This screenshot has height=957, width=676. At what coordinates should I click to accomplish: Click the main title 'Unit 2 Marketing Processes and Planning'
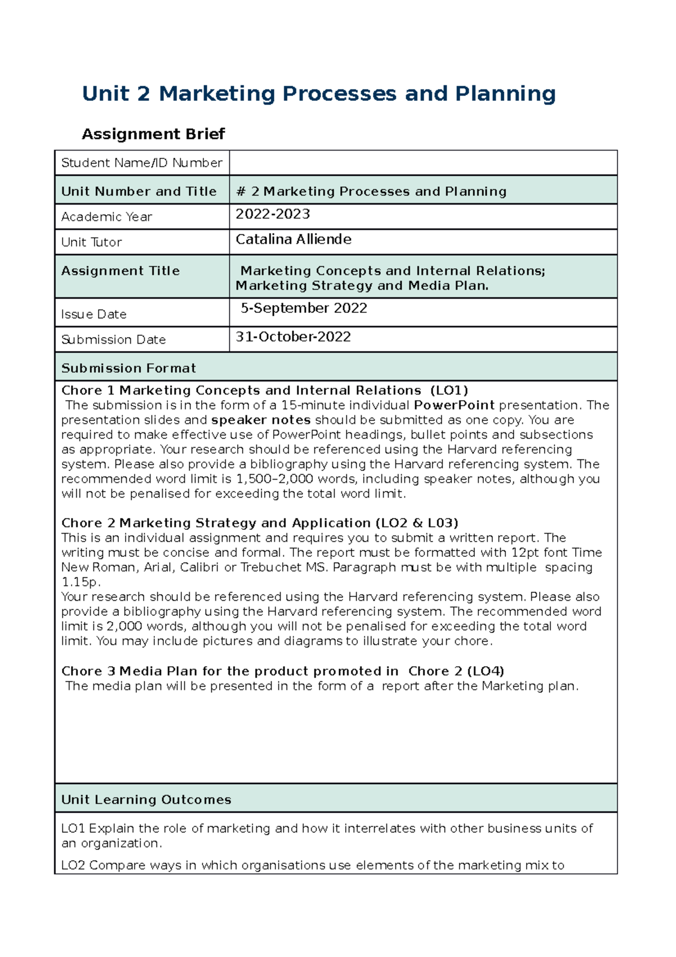point(318,94)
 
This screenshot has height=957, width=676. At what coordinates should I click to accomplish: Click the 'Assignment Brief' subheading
point(153,134)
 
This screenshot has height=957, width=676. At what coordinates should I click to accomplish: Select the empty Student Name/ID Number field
point(422,163)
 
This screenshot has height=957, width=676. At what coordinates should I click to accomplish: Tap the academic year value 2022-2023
point(273,214)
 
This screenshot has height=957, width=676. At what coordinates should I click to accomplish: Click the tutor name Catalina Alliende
point(293,240)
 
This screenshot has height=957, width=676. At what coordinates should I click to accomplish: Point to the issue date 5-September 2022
point(304,308)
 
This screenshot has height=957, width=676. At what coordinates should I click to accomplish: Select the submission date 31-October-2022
point(293,337)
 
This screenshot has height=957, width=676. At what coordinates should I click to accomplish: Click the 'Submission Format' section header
point(128,368)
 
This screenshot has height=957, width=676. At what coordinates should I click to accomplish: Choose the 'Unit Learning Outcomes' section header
point(146,800)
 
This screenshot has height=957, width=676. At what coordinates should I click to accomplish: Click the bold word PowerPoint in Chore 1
point(454,405)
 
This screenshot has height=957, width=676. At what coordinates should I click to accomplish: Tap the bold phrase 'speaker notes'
point(261,420)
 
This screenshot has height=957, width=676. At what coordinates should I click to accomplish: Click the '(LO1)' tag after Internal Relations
point(449,391)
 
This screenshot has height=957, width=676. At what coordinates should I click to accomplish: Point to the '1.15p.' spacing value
point(81,582)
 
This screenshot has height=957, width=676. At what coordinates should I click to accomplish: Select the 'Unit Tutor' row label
point(91,242)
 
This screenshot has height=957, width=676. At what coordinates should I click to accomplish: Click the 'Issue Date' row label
point(94,314)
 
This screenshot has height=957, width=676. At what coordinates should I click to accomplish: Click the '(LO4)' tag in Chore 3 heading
point(486,671)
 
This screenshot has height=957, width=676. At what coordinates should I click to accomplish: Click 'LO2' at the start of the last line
point(73,865)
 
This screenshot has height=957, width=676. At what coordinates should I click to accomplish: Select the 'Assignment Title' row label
point(120,271)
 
